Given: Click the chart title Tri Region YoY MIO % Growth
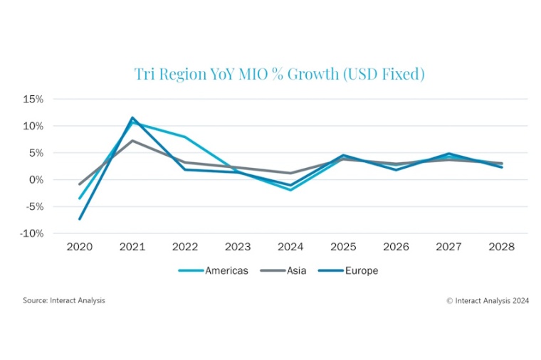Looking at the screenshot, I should coord(279,73).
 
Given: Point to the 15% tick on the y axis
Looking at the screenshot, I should coord(33,99).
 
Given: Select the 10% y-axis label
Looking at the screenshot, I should coord(33,126).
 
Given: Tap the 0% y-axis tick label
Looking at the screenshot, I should coord(36,179).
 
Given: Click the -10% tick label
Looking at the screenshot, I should coord(32,233).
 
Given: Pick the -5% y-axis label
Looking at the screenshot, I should coord(34,206).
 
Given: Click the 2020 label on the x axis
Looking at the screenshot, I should coord(80,247).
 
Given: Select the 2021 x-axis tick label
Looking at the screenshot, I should coord(132,247).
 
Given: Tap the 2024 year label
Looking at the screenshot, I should coord(290,247).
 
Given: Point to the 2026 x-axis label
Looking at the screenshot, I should coord(396,247).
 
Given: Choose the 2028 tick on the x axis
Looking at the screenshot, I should coord(501,247).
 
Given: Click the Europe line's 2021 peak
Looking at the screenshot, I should coord(132,117).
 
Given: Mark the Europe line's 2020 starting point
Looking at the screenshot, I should coord(80,219).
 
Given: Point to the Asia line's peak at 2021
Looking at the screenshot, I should coord(132,140).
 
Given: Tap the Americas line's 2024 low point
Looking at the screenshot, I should coord(290,190).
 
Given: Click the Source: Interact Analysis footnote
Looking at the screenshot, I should coord(63,300).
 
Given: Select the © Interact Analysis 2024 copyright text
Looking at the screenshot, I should coord(488,300).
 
